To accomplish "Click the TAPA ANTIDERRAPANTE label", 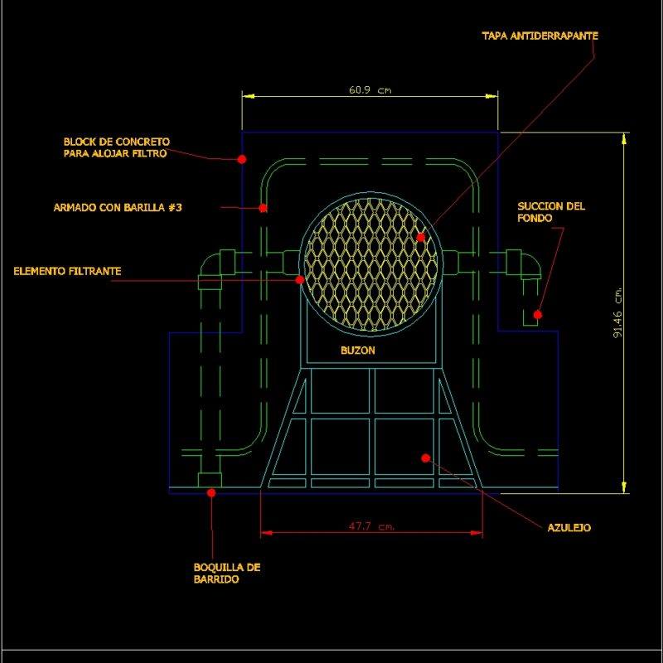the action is point(540,36).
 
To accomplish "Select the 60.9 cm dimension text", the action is point(370,90).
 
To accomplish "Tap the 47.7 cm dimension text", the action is point(370,526).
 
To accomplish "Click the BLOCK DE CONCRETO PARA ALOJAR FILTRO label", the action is point(116,148).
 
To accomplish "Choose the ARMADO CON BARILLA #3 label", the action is point(117,208).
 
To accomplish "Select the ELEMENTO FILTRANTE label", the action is point(67,271).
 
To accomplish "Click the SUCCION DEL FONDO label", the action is point(550,212).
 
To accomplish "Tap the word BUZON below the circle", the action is point(357,351).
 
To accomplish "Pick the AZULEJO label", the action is point(569,527).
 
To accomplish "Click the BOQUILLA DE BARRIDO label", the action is point(226,573).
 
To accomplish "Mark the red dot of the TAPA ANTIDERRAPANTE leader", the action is point(420,237).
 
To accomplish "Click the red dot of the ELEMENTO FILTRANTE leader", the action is point(300,280).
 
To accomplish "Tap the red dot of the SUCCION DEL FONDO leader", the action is point(537,314).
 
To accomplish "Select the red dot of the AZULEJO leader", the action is point(425,457).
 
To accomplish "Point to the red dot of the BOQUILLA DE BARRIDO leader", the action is point(211,492).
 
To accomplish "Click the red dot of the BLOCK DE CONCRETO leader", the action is point(241,158).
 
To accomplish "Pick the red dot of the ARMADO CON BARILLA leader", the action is point(263,208).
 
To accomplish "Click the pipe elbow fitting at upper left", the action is point(214,270).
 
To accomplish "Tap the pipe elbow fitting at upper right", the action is point(522,264).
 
